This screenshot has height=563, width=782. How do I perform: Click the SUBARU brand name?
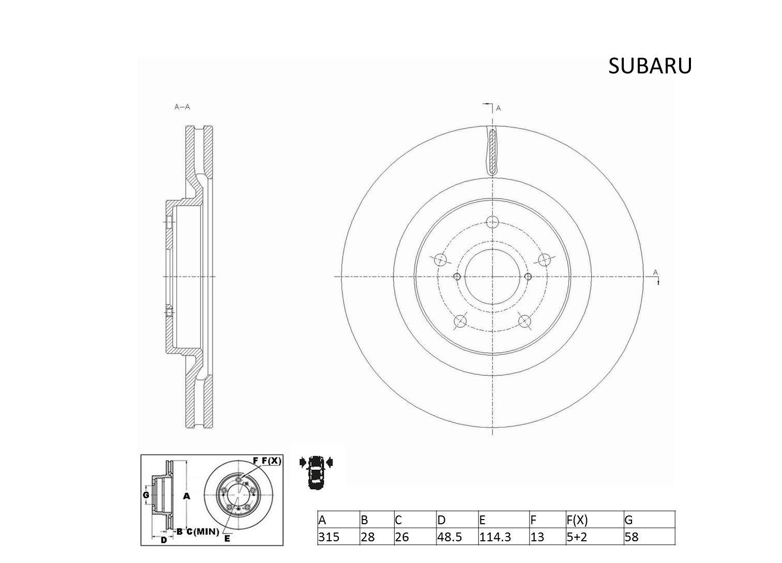click(x=650, y=66)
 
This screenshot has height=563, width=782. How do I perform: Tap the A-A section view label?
click(x=182, y=107)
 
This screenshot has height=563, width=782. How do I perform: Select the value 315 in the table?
click(x=328, y=537)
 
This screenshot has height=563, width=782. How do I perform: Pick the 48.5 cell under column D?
click(x=449, y=537)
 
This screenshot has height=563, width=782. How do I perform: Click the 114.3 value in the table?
click(x=495, y=537)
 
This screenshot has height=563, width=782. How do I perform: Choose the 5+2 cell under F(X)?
click(x=577, y=537)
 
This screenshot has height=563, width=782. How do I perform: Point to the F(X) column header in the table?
click(x=577, y=520)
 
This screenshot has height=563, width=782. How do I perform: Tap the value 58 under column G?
click(x=631, y=537)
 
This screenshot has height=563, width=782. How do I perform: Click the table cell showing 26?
click(x=402, y=537)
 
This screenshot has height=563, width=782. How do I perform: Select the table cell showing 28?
click(x=368, y=537)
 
